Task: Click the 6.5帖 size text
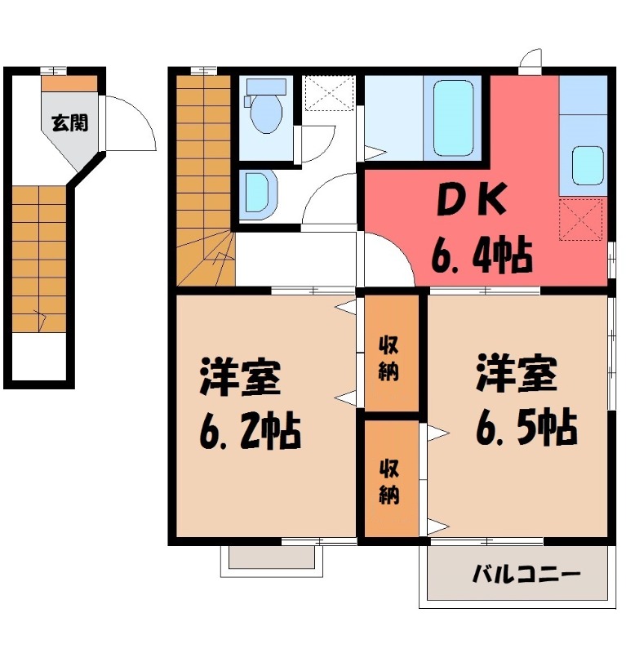[526, 425]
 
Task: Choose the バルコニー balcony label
[526, 575]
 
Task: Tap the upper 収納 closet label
[389, 359]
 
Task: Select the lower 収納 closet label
[389, 482]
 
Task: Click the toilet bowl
[266, 115]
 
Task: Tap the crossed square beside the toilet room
[329, 93]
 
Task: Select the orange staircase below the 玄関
[38, 257]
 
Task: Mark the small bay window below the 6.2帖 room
[272, 557]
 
